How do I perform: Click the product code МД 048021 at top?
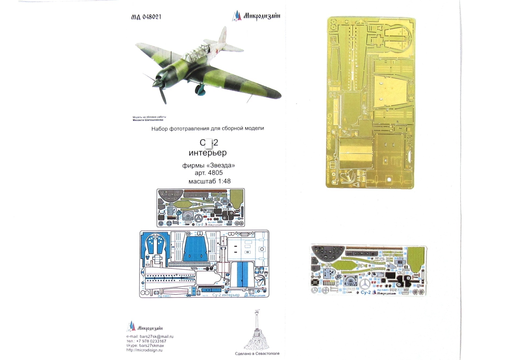(146, 17)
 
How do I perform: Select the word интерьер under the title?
(207, 153)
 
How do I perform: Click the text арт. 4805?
(209, 173)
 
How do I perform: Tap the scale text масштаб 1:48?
(209, 181)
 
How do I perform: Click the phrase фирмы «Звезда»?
(208, 165)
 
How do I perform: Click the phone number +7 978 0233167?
(151, 341)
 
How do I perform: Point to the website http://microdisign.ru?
(144, 350)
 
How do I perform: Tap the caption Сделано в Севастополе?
(257, 353)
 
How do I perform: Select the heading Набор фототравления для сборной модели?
(207, 129)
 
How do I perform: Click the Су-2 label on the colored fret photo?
(366, 292)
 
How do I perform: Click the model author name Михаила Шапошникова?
(148, 120)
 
